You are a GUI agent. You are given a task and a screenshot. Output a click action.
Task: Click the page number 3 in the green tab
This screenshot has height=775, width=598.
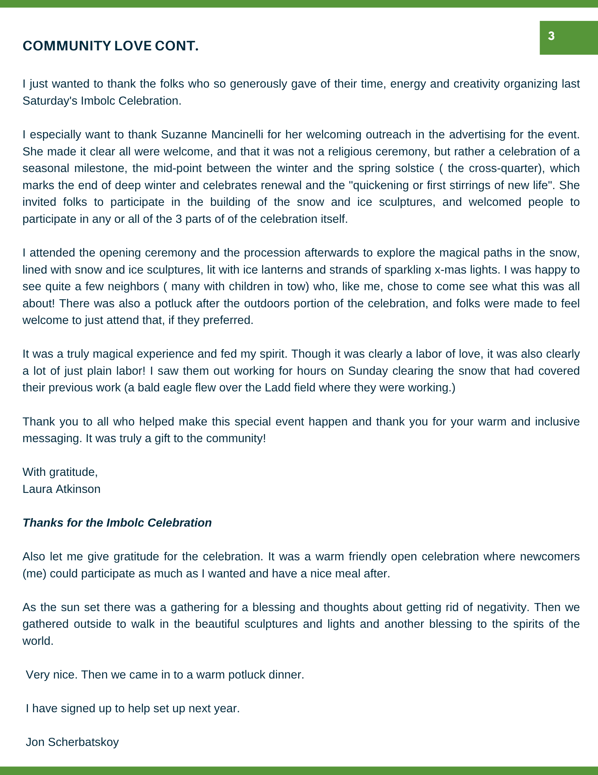[x=551, y=36]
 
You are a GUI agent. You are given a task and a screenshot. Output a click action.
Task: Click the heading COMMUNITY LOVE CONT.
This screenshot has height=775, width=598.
[x=110, y=46]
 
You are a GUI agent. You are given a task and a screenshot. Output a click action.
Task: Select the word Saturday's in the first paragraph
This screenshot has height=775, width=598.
[x=50, y=101]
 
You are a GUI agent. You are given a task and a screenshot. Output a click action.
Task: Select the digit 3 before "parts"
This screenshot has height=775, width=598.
[x=178, y=219]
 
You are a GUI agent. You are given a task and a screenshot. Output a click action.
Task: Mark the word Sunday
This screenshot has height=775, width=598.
[x=368, y=371]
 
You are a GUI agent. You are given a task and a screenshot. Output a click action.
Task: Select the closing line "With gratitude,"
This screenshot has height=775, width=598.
[x=60, y=472]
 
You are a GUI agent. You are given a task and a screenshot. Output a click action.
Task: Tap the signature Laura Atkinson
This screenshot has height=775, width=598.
[x=62, y=489]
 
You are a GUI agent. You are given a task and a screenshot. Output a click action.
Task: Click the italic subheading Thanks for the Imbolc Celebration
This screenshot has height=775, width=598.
[x=117, y=523]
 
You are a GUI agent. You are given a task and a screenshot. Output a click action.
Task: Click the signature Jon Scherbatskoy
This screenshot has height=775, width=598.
[x=72, y=742]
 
